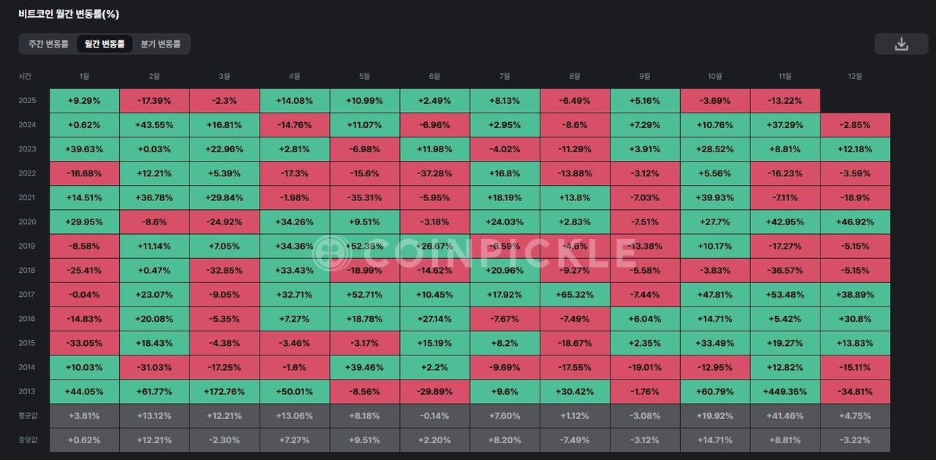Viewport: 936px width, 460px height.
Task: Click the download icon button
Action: coord(901,44)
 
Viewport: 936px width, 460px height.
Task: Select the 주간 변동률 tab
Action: coord(48,44)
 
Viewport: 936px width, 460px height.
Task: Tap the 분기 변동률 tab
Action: coord(160,44)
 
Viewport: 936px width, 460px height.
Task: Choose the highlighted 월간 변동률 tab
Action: coord(105,44)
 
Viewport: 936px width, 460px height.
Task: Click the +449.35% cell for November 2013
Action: coord(785,392)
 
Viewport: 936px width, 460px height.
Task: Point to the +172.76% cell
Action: coord(224,392)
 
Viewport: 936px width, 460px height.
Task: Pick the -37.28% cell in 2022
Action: coord(434,173)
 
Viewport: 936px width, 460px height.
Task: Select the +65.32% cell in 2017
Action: coord(575,295)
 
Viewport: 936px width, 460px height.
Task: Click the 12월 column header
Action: coord(855,76)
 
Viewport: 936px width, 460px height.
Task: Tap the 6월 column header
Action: coord(434,76)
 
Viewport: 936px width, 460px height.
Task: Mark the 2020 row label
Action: coord(27,222)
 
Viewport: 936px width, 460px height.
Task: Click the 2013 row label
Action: coord(27,392)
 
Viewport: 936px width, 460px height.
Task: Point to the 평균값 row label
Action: coord(28,415)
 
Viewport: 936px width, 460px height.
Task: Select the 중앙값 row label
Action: coord(28,440)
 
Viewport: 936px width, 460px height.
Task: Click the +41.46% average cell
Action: coord(785,416)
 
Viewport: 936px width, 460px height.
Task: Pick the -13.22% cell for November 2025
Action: coord(785,100)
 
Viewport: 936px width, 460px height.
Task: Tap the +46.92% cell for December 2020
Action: coord(855,222)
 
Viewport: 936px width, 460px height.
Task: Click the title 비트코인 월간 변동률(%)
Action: coord(69,14)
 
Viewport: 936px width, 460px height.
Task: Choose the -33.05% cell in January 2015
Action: coord(84,343)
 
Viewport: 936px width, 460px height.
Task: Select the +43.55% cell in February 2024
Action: coord(154,125)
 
